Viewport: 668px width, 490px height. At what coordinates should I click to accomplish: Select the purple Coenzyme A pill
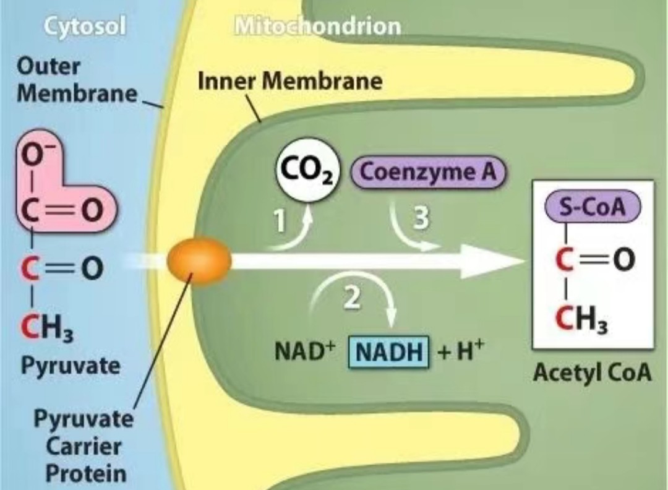point(428,172)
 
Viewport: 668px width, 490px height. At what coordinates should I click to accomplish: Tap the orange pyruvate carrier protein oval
point(199,260)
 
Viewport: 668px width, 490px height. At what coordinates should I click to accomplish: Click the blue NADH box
point(389,352)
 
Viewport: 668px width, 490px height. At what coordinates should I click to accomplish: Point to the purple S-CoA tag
point(593,207)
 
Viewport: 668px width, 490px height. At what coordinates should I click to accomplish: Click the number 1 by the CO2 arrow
point(280,221)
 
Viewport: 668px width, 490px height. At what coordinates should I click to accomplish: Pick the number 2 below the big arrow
point(351,298)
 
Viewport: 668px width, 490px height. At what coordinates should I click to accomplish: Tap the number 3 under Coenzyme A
point(421,218)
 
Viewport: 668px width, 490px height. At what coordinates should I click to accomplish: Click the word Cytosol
point(85,27)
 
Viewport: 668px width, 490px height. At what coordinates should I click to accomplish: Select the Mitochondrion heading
point(317,26)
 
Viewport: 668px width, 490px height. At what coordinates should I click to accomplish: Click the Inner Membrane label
point(289,80)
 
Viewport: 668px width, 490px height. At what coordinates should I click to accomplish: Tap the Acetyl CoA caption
point(593,373)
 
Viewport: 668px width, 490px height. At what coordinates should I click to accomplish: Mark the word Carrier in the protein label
point(83,447)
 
